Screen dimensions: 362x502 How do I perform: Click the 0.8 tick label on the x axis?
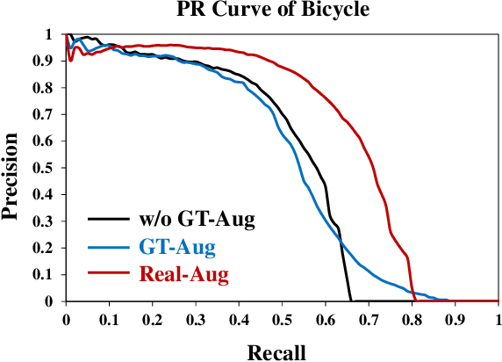[x=412, y=318]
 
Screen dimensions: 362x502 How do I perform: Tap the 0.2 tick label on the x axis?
[x=153, y=318]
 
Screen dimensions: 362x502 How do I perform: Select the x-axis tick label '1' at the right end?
[x=498, y=318]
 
